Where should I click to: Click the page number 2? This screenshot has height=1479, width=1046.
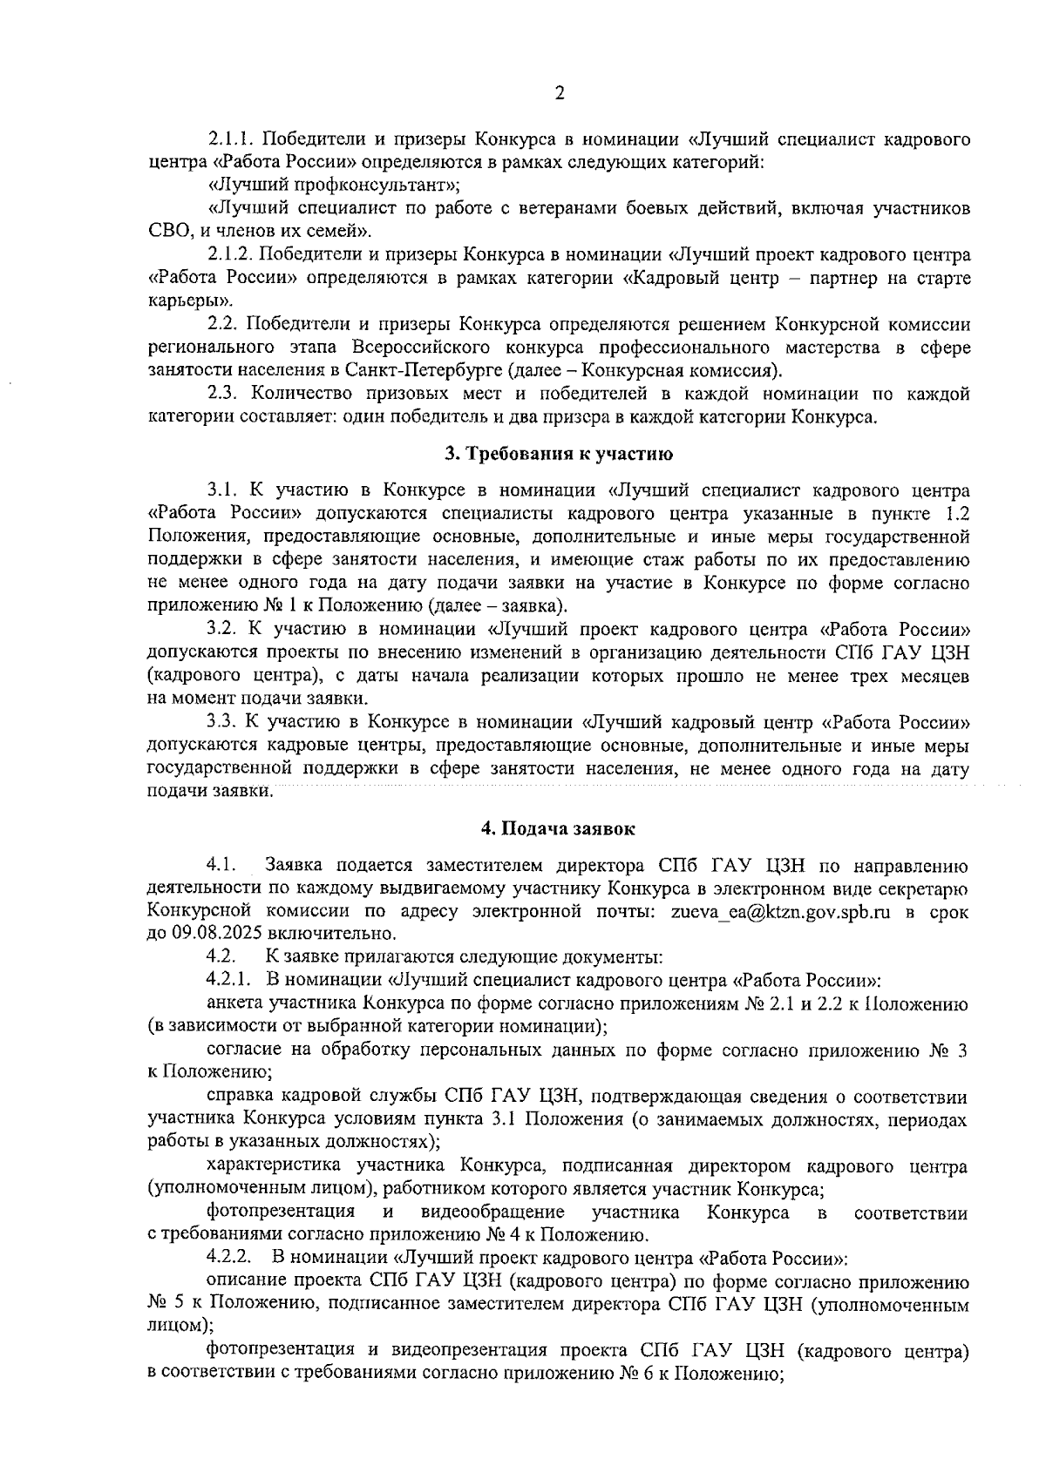[x=559, y=93]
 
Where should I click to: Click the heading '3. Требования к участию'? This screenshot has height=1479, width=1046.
[x=559, y=453]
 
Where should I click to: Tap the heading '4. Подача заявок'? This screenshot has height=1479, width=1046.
[x=559, y=829]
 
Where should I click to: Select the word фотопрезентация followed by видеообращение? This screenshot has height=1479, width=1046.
[x=281, y=1212]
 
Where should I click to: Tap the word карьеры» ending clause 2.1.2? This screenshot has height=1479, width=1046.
[x=178, y=301]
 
